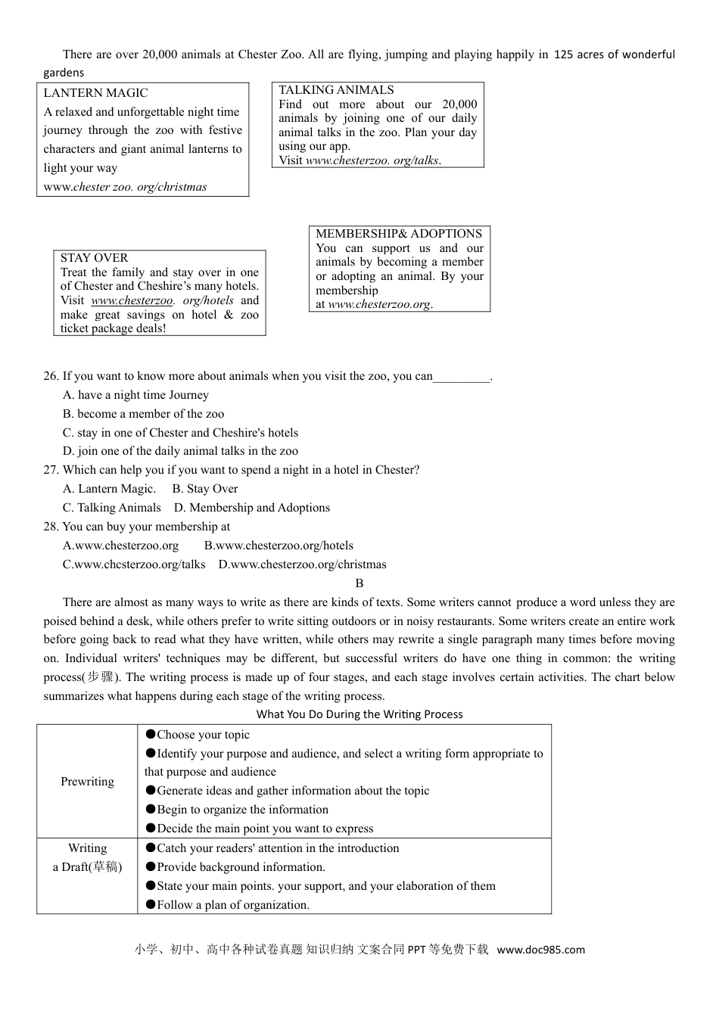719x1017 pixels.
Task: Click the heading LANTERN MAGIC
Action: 95,93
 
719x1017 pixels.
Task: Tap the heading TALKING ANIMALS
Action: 336,90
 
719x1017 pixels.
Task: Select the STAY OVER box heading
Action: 94,258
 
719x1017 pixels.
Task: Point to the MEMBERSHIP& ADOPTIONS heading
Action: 398,234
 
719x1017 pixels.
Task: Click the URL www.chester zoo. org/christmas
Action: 125,187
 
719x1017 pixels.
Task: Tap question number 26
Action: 51,376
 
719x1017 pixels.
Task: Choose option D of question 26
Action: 180,451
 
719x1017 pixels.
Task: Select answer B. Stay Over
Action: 204,489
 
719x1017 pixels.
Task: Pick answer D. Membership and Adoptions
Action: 251,508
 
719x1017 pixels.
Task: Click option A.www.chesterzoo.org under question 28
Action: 121,546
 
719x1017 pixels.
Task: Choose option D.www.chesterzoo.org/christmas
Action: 302,564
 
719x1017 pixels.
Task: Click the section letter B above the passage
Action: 359,583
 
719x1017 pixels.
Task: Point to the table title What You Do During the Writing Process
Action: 359,714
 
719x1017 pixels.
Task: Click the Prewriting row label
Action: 87,782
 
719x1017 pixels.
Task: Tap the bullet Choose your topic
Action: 198,735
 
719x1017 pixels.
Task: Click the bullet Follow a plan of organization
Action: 227,905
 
